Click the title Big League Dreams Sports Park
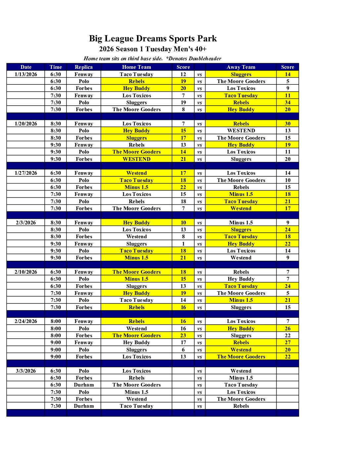tap(153, 39)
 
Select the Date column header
tap(26, 67)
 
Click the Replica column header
tap(84, 67)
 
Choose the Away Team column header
tap(241, 67)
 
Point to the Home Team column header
tap(136, 67)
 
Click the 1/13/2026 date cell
tap(26, 74)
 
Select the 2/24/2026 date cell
tap(26, 321)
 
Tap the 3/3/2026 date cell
tap(26, 371)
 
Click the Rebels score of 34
tap(288, 103)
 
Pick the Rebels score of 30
tap(288, 124)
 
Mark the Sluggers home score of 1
tap(183, 244)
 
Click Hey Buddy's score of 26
tap(288, 329)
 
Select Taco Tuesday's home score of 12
tap(183, 74)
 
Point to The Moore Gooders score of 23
tap(183, 336)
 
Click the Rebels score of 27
tap(288, 343)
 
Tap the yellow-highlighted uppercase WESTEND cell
tap(136, 159)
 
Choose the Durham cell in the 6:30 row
tap(84, 385)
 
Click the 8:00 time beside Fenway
tap(56, 321)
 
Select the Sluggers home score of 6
tap(183, 350)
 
